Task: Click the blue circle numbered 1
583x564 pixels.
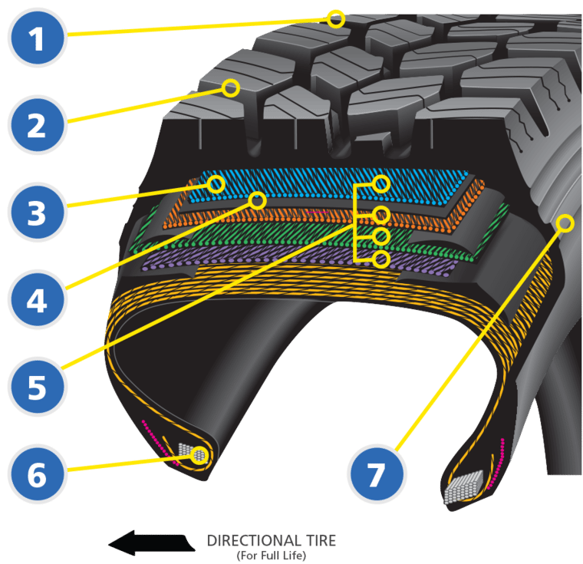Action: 37,37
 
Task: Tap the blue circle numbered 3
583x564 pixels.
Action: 37,213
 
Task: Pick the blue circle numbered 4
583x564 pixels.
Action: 37,300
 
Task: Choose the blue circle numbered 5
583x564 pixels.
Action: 37,388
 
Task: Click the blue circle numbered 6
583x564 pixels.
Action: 37,475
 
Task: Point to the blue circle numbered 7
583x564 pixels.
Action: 375,475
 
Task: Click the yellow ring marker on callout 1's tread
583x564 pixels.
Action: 335,18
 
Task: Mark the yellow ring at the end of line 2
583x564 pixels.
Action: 231,87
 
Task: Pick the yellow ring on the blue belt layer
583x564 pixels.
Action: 216,184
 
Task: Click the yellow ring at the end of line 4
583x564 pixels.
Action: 257,201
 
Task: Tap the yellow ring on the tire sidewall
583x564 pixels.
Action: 565,223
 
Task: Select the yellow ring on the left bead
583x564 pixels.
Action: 200,454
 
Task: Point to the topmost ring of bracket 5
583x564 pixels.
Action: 381,183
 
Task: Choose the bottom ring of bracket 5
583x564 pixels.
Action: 381,259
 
